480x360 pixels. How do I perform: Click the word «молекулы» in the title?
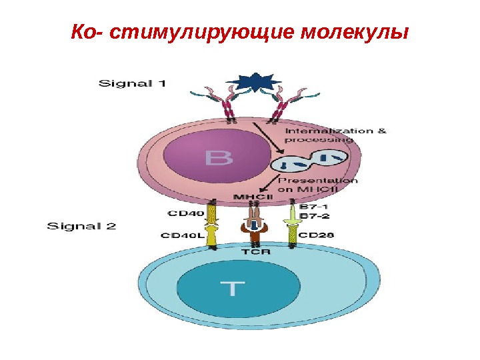click(x=353, y=31)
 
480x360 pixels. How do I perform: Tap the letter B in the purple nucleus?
click(x=219, y=158)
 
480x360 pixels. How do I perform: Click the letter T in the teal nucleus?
click(x=226, y=289)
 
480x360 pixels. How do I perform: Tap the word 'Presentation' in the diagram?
click(x=317, y=180)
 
